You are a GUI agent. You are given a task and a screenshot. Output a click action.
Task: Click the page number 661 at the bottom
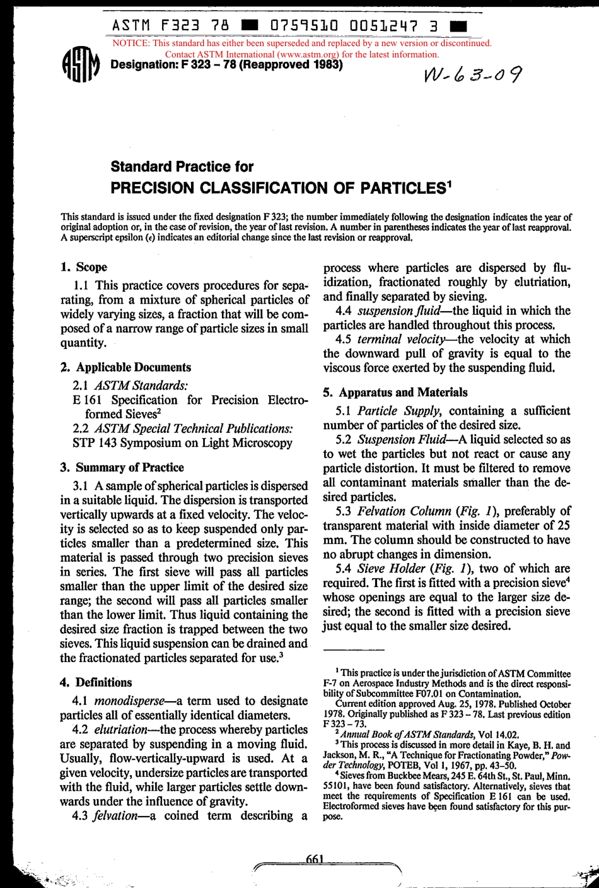313,859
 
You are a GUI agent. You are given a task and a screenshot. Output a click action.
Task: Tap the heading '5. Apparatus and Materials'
395,392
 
